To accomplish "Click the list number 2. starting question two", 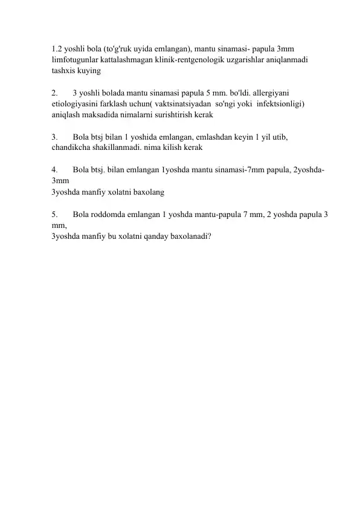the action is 56,92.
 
